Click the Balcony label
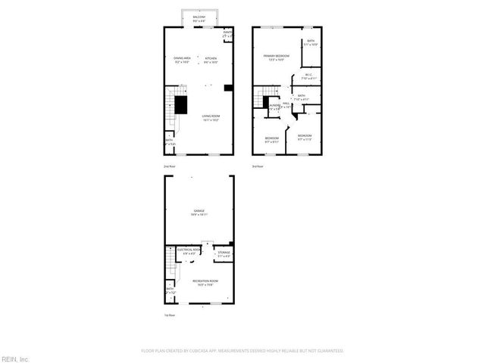point(199,17)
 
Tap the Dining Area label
point(182,59)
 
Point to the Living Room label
point(211,117)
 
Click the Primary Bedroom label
point(274,57)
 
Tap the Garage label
point(199,213)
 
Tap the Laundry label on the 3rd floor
point(274,106)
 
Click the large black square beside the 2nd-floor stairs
point(182,105)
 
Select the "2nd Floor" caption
point(169,166)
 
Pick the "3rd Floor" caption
point(258,166)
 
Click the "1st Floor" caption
point(169,315)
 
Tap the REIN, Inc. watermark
point(15,358)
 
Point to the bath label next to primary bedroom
point(311,44)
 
